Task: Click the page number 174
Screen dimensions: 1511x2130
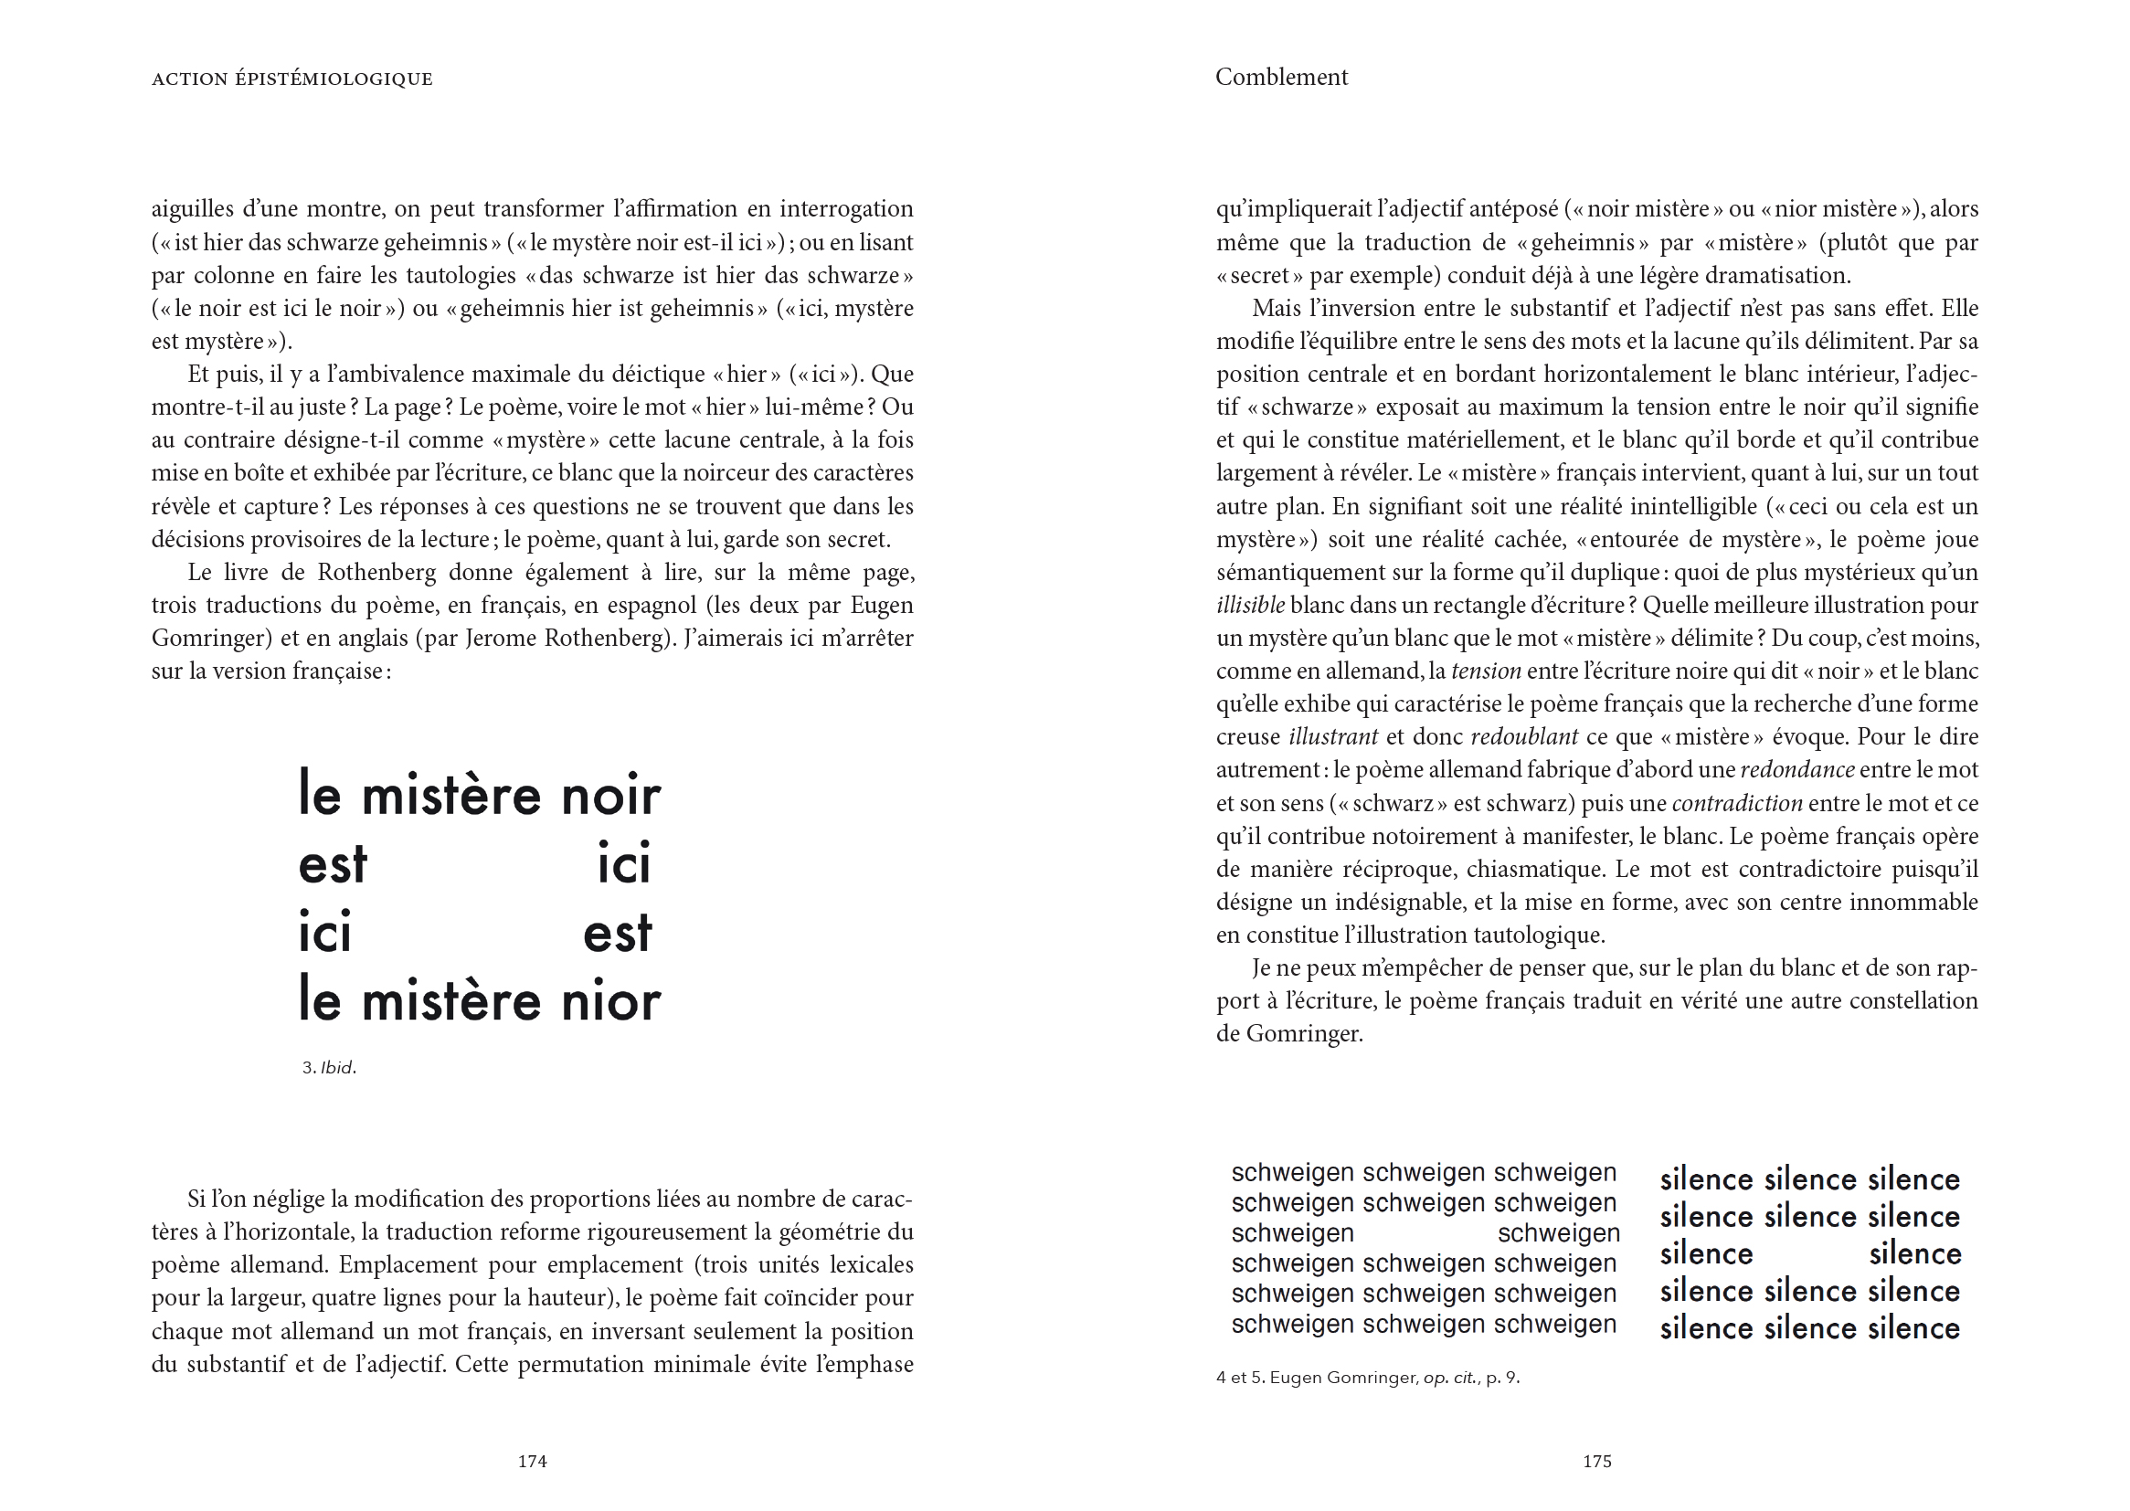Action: coord(532,1461)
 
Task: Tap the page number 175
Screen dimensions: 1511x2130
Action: coord(1596,1461)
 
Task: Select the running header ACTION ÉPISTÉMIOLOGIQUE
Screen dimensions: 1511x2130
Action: coord(292,79)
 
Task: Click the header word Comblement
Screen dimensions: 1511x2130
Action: coord(1281,78)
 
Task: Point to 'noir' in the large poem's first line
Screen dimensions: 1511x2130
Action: coord(610,797)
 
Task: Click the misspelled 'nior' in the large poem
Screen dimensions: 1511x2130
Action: coord(610,1003)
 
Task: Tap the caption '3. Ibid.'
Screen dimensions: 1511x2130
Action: coord(329,1068)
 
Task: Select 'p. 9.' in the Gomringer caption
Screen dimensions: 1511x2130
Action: coord(1503,1378)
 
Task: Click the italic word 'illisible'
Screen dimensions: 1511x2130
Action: coord(1250,606)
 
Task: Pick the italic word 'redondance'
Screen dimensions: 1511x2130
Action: coord(1796,770)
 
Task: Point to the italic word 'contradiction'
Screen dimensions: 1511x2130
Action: coord(1737,803)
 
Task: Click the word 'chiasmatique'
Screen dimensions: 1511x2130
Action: coord(1533,869)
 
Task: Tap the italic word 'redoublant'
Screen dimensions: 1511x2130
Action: coord(1523,737)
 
